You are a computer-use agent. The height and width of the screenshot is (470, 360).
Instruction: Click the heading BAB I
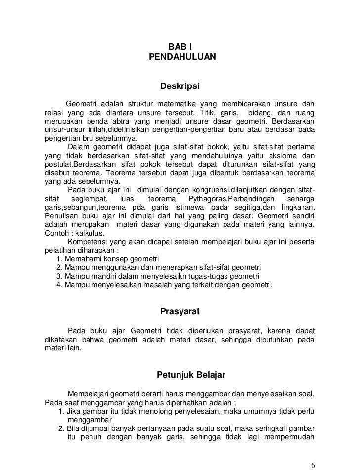(x=180, y=46)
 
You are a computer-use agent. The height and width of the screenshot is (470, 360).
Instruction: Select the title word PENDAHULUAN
(x=182, y=57)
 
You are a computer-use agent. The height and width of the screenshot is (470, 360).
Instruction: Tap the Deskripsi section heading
(x=180, y=87)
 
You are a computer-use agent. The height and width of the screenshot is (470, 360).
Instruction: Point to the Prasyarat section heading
(x=180, y=312)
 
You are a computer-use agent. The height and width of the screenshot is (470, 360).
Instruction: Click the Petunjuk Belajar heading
(x=191, y=375)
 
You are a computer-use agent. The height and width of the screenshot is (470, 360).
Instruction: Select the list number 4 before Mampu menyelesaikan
(x=59, y=285)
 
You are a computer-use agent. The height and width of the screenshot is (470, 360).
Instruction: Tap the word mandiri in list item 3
(x=103, y=276)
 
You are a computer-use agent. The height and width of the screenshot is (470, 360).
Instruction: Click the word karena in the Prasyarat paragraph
(x=277, y=330)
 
